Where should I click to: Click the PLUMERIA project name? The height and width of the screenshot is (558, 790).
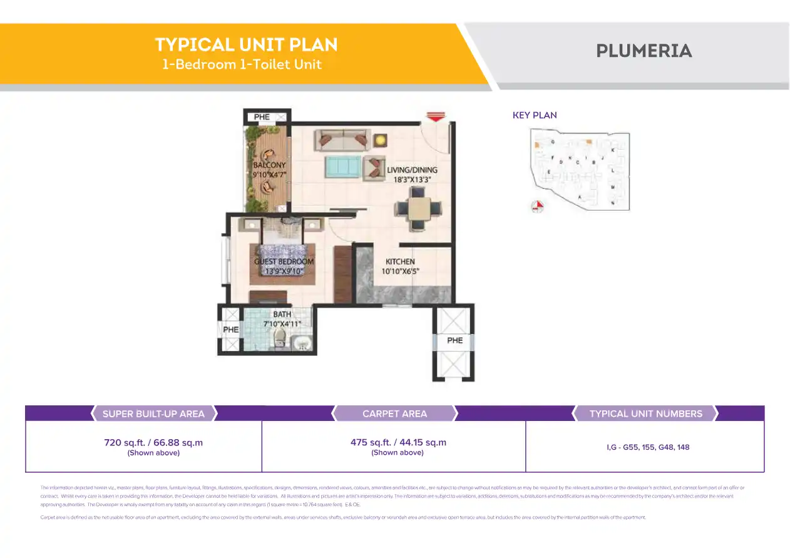pos(644,51)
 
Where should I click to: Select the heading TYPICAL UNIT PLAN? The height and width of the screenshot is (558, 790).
pos(246,45)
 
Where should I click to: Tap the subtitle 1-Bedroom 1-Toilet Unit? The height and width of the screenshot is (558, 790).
pos(242,64)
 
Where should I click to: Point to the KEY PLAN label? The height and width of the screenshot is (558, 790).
pos(535,115)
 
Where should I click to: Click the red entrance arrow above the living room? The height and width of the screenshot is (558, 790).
pos(435,116)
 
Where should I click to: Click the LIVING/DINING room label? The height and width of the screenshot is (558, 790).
pos(412,170)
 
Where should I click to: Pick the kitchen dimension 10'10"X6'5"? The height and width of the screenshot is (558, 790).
pos(400,271)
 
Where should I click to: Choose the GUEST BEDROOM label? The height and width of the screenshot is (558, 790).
pos(284,261)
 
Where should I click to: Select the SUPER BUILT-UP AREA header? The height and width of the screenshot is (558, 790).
pos(153,413)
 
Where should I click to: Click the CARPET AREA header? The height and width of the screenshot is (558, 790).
pos(394,413)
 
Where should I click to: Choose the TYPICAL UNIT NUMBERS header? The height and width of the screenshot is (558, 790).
pos(645,413)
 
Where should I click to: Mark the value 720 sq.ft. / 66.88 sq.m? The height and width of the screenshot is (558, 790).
pos(153,442)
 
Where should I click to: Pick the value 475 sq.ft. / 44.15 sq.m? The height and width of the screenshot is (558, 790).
pos(398,442)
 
